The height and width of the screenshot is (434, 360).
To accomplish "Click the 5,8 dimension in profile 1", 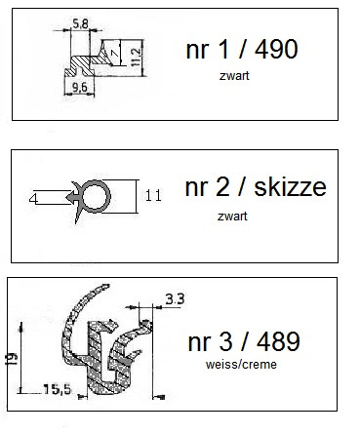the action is coord(80,23).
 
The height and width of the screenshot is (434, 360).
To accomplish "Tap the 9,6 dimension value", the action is coord(80,87).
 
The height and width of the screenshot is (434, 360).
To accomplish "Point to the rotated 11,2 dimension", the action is coord(137,58).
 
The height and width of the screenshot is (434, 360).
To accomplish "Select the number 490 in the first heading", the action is coord(276,49).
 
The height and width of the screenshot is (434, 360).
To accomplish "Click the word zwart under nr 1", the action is coord(234,76).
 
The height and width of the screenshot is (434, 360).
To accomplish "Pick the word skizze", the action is coord(290,187).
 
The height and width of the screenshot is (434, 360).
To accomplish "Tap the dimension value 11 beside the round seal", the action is coord(153,196).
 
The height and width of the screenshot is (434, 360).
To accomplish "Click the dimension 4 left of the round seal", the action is coord(33,198).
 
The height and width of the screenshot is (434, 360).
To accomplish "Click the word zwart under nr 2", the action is coord(232,217).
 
